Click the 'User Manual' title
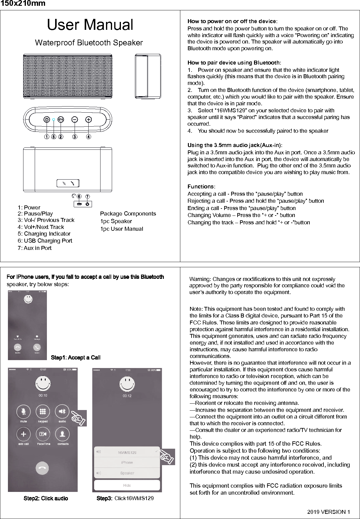90,25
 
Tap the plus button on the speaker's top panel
88,120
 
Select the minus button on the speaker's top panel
75,120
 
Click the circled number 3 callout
75,137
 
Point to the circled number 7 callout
88,196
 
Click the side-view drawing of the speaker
148,76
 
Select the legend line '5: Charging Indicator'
44,234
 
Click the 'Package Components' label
128,214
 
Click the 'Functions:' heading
201,187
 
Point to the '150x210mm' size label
23,4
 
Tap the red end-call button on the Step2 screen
42,468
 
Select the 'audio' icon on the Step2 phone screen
62,412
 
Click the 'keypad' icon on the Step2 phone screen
43,412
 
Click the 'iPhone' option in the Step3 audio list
127,463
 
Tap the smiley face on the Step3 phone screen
127,384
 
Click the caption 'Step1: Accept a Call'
76,358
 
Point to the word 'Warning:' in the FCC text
200,279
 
